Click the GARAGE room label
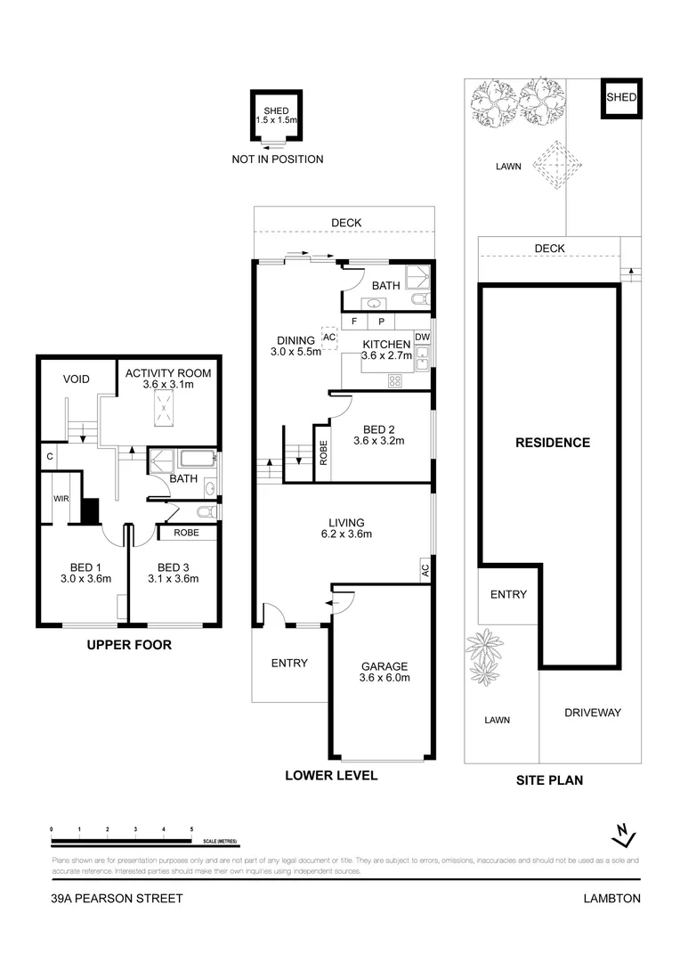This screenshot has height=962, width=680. click(x=384, y=666)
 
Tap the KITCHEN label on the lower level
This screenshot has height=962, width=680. click(x=385, y=345)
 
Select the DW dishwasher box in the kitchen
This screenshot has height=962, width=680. click(x=422, y=336)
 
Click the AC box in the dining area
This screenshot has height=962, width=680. click(x=328, y=338)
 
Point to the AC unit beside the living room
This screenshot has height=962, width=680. click(x=425, y=569)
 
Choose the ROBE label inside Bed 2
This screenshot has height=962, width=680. click(x=321, y=453)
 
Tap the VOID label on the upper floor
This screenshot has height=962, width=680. click(x=77, y=379)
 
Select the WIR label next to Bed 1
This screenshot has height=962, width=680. click(x=61, y=499)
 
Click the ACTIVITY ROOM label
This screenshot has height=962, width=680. click(x=168, y=373)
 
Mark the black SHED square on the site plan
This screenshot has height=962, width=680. click(x=620, y=98)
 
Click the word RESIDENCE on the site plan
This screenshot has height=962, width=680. click(x=553, y=443)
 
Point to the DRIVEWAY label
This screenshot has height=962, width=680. click(x=592, y=713)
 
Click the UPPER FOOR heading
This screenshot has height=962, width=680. click(x=129, y=645)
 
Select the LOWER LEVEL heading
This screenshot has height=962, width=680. click(x=331, y=775)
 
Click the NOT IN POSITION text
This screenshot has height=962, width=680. click(x=277, y=159)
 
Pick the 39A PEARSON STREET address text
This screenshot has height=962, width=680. click(x=117, y=899)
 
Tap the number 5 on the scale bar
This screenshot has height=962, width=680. click(x=191, y=829)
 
